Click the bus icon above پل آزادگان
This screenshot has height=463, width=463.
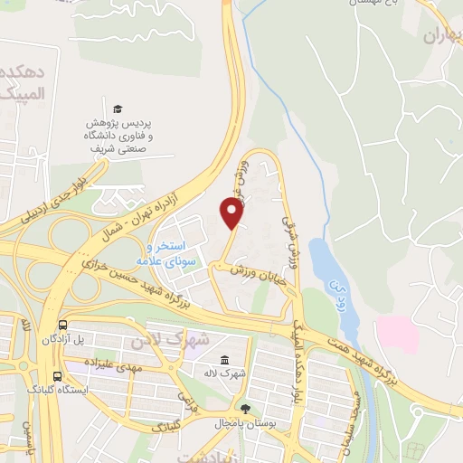pos(61,326)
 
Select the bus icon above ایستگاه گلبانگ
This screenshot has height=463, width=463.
pos(57,376)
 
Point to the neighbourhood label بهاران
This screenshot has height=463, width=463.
pos(442,35)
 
